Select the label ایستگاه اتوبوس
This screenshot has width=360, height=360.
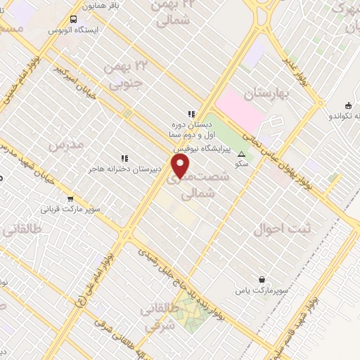[75, 31]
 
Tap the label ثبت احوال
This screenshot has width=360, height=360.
[276, 229]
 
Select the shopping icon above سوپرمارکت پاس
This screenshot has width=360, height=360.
[262, 279]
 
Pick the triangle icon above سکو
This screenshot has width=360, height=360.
[242, 154]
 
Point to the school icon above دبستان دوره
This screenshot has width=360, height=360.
[190, 113]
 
